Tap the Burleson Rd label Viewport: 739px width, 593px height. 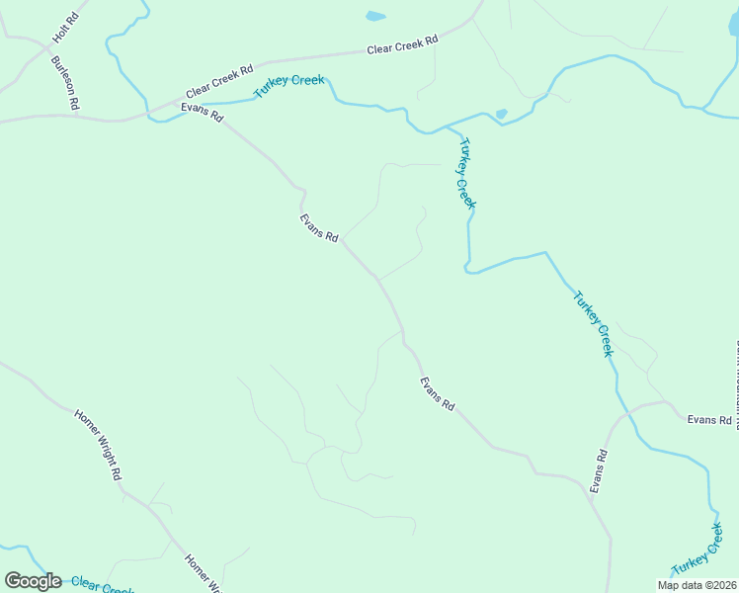click(x=65, y=83)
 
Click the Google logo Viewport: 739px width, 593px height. click(x=33, y=581)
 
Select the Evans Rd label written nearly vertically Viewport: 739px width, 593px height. click(x=599, y=471)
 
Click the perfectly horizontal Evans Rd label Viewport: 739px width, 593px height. click(x=708, y=420)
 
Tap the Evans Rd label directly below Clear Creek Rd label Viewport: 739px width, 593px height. click(x=202, y=111)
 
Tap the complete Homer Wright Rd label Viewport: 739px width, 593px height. click(x=99, y=444)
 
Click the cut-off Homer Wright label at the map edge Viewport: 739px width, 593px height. click(x=204, y=573)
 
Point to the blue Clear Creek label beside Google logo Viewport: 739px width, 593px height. click(x=103, y=586)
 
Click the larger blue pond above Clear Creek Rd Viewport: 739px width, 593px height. click(x=375, y=16)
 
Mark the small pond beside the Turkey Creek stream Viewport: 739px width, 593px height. click(x=501, y=115)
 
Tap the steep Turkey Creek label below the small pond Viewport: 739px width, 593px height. click(x=466, y=173)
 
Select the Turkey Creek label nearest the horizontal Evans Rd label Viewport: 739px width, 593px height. click(x=593, y=323)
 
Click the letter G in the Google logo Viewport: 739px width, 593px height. click(x=13, y=581)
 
